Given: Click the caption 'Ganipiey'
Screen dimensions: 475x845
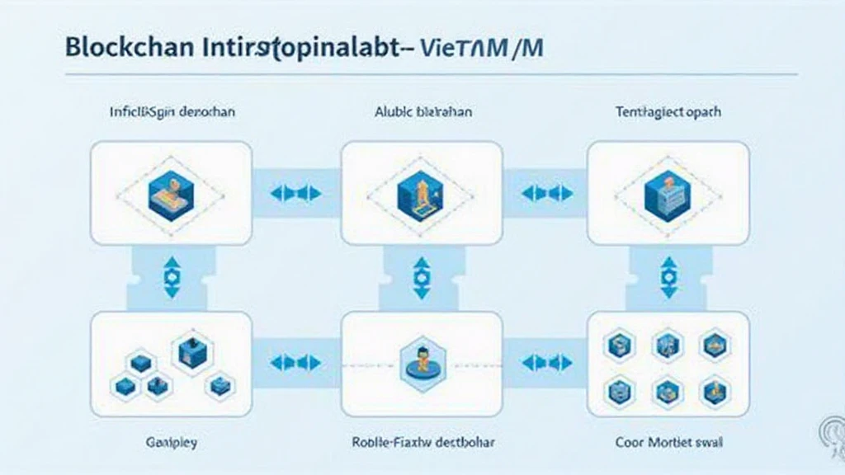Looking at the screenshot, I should click(x=172, y=443).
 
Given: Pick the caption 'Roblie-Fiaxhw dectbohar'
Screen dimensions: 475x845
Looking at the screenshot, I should click(x=422, y=443).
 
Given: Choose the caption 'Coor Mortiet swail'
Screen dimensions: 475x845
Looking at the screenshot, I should click(x=669, y=443).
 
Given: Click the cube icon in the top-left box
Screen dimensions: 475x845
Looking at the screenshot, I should click(x=171, y=193).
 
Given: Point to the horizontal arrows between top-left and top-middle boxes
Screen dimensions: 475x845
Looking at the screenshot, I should click(x=295, y=193).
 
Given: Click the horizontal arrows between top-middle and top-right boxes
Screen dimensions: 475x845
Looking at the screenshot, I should click(x=545, y=193).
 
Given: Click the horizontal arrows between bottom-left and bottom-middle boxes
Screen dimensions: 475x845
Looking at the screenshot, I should click(x=295, y=361).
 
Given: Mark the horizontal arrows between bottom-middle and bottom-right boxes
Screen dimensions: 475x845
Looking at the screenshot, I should click(x=545, y=361).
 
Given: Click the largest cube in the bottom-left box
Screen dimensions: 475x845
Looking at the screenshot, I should click(x=191, y=353).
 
